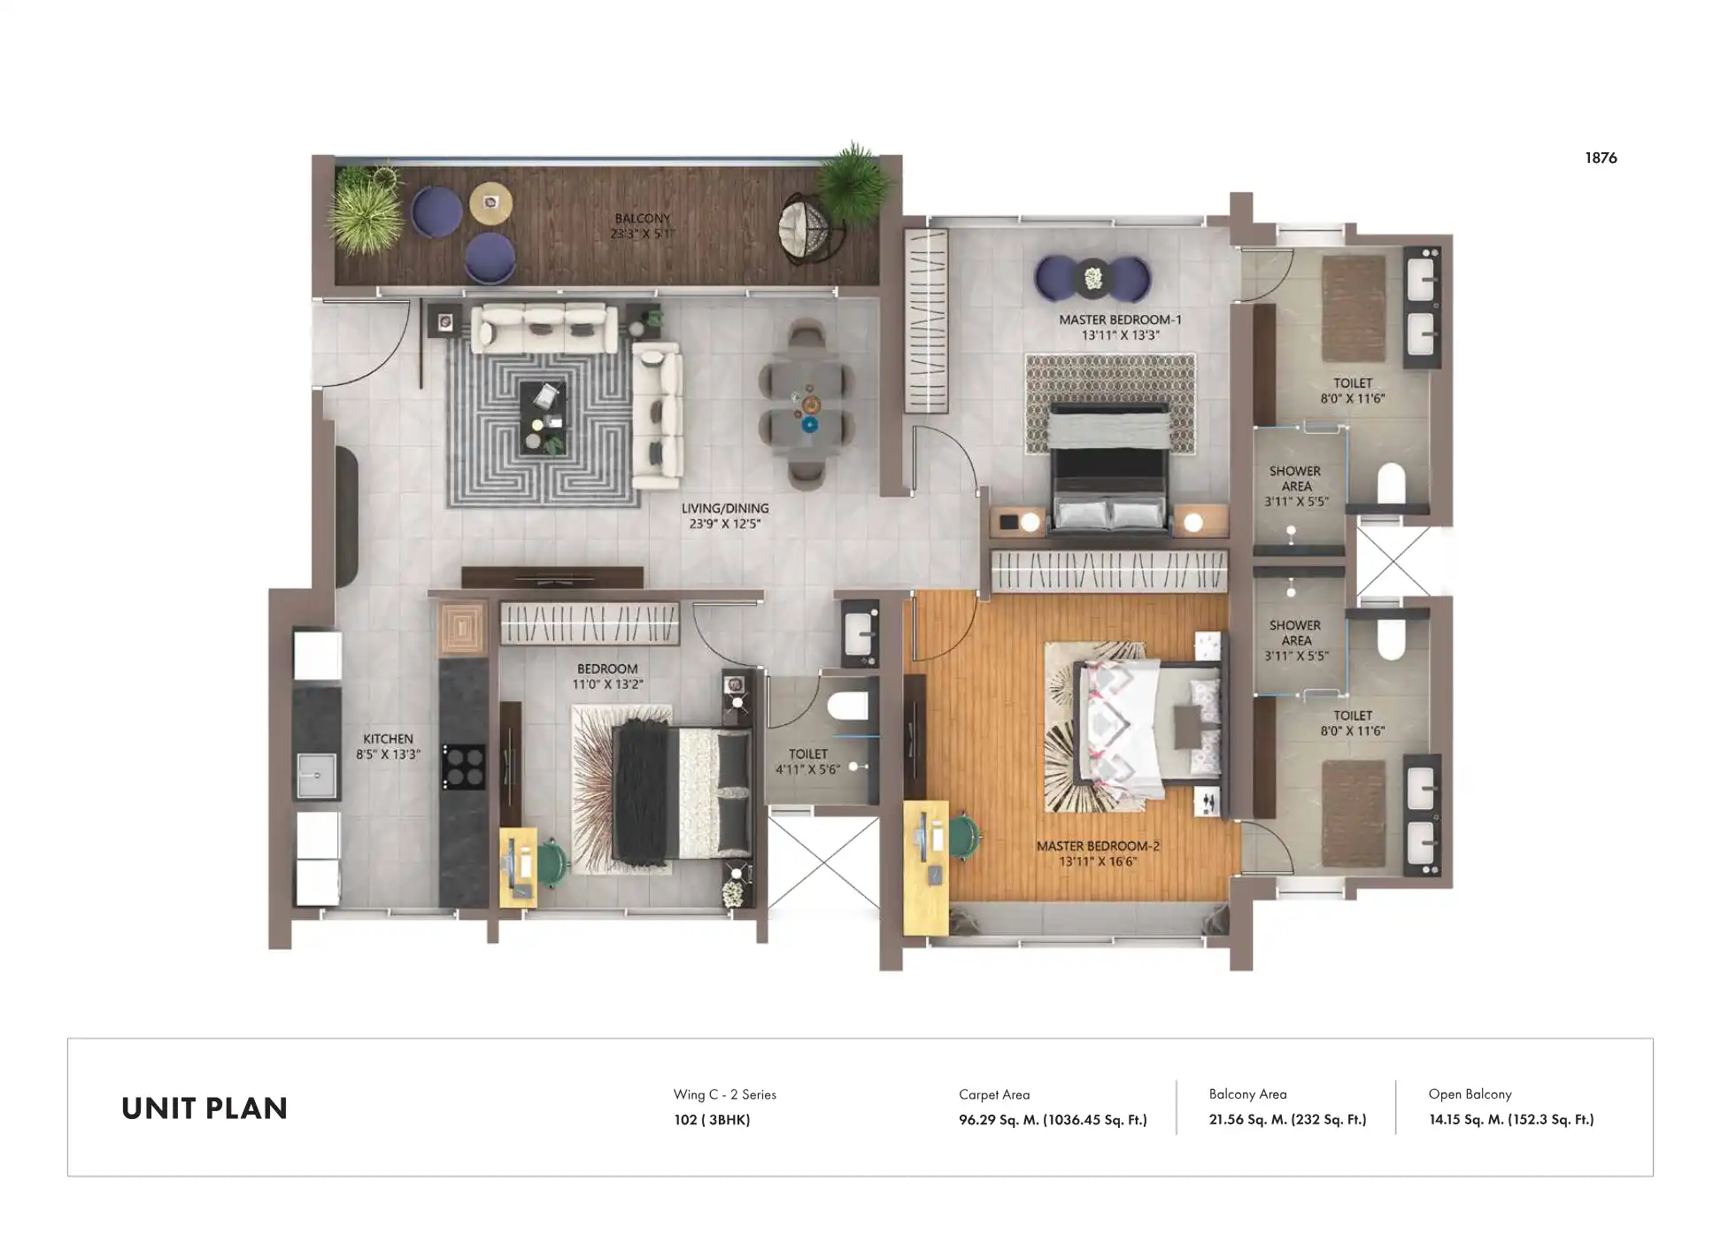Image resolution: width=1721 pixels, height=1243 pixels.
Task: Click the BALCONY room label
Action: click(642, 219)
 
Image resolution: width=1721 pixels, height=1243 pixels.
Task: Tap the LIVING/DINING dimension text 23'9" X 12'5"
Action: click(724, 524)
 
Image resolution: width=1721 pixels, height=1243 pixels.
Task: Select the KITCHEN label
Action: click(388, 738)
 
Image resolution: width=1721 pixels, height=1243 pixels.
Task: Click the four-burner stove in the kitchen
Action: click(464, 767)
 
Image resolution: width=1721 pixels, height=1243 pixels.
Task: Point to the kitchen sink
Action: click(316, 776)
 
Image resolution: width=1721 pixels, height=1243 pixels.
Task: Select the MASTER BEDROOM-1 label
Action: click(1120, 320)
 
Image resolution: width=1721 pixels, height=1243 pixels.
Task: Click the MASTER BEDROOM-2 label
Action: click(1098, 845)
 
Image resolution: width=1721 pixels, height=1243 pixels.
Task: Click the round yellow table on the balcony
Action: click(490, 204)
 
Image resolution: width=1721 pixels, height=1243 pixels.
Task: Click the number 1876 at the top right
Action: click(1600, 158)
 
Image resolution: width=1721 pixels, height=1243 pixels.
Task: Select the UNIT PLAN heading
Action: click(205, 1108)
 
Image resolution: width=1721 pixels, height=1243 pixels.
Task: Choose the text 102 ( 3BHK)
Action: click(712, 1120)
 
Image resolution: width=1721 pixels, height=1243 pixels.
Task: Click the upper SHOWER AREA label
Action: click(1295, 479)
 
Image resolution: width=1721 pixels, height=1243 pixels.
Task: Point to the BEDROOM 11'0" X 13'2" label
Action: click(607, 669)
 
